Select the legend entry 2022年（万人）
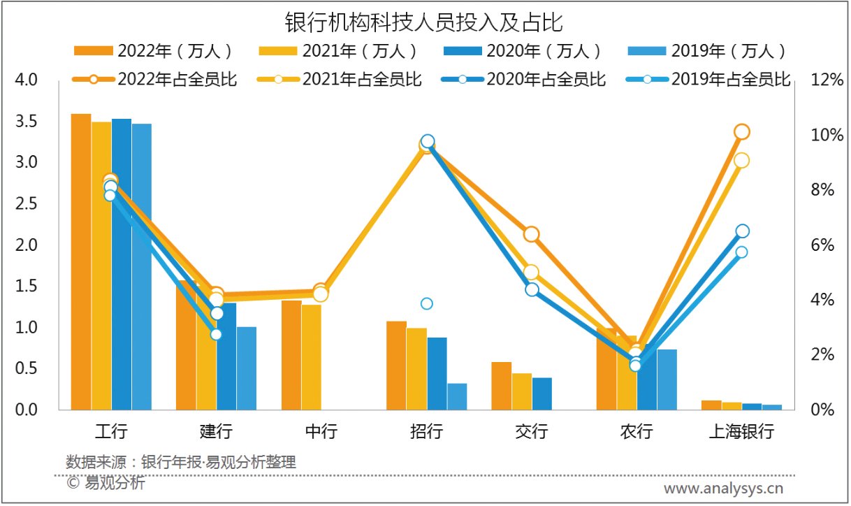[154, 51]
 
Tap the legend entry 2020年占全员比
[524, 79]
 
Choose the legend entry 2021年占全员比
[340, 79]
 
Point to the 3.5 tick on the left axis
[27, 122]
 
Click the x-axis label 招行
[426, 431]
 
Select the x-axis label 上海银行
[741, 431]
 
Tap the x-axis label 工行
[111, 431]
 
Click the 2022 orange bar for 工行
[81, 262]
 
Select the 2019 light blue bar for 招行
[457, 396]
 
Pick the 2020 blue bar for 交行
[542, 393]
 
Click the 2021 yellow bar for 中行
[312, 357]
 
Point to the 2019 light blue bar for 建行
[247, 368]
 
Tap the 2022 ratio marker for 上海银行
[742, 131]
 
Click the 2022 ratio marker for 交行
[532, 234]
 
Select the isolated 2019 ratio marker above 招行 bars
[427, 303]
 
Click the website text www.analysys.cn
[723, 487]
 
